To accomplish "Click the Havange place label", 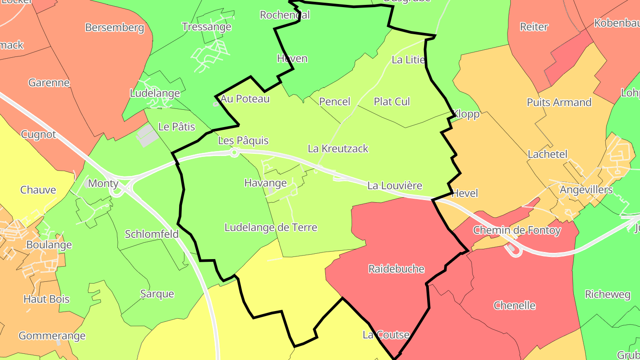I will pyautogui.click(x=265, y=183).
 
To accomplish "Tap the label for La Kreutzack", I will pyautogui.click(x=338, y=148).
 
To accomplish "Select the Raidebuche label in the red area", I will pyautogui.click(x=396, y=269).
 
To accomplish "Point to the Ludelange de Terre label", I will pyautogui.click(x=271, y=228).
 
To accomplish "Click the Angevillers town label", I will pyautogui.click(x=586, y=190).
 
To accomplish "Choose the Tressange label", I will pyautogui.click(x=207, y=27).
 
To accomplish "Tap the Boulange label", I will pyautogui.click(x=49, y=245).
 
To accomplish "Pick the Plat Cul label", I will pyautogui.click(x=392, y=102).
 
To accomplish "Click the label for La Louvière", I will pyautogui.click(x=395, y=186).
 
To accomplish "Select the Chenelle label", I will pyautogui.click(x=514, y=306).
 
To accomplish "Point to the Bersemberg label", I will pyautogui.click(x=115, y=28).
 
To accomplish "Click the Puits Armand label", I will pyautogui.click(x=559, y=102).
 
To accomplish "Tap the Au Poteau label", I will pyautogui.click(x=245, y=99).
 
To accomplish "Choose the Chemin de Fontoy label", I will pyautogui.click(x=516, y=230).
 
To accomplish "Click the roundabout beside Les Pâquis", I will pyautogui.click(x=234, y=152).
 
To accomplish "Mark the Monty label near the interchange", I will pyautogui.click(x=103, y=183).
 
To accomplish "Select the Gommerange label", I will pyautogui.click(x=52, y=336).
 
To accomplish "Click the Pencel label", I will pyautogui.click(x=335, y=102).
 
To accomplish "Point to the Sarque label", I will pyautogui.click(x=157, y=294).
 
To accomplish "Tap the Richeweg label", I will pyautogui.click(x=607, y=295).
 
